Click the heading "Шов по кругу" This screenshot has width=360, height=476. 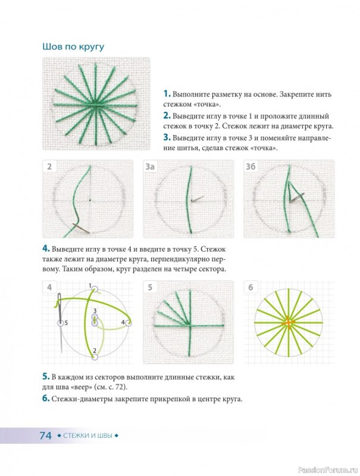click(x=73, y=47)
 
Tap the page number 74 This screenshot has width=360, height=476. click(x=46, y=436)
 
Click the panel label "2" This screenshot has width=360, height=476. click(x=49, y=167)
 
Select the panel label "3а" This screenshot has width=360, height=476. click(x=149, y=167)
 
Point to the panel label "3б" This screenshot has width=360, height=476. click(x=251, y=167)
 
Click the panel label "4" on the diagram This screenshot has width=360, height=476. click(x=49, y=287)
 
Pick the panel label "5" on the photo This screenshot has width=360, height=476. click(x=150, y=287)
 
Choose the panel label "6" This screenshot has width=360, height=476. click(x=251, y=287)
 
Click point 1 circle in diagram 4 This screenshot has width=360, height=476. click(x=95, y=289)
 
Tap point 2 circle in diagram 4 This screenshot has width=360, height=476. click(x=95, y=356)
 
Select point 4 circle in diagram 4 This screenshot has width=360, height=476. click(x=129, y=323)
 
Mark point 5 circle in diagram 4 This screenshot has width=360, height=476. click(x=61, y=323)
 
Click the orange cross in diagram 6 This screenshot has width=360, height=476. click(x=289, y=322)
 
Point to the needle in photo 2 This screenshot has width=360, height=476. click(x=81, y=228)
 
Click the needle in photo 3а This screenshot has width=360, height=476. click(x=198, y=199)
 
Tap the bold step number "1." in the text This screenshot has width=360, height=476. click(x=167, y=93)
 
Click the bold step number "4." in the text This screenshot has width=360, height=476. click(x=46, y=249)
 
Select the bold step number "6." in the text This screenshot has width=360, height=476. click(x=46, y=399)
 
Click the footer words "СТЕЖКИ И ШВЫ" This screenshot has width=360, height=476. click(x=87, y=436)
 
